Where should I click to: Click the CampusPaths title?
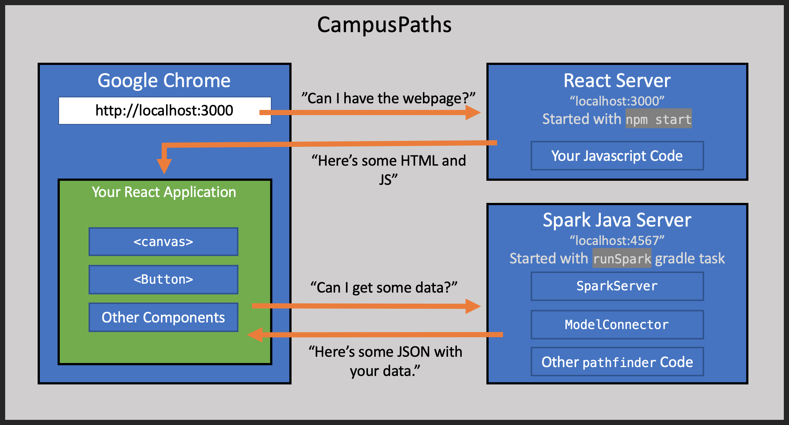point(384,25)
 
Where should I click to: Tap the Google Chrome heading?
point(164,80)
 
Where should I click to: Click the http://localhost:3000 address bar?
point(165,111)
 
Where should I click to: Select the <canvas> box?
point(163,242)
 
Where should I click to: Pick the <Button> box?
point(163,280)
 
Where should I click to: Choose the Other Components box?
point(163,318)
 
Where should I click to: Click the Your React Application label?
point(164,192)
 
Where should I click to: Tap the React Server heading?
point(617,80)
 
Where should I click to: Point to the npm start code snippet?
point(658,119)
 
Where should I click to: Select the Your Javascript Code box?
point(617,156)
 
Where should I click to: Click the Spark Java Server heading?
point(617,220)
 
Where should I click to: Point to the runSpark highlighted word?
point(622,259)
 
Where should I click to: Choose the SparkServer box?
point(617,286)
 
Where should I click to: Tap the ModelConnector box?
point(617,325)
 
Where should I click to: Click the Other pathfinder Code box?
point(617,362)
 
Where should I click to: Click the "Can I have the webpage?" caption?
point(388,99)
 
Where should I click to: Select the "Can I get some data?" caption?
point(384,288)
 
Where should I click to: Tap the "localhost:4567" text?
point(617,241)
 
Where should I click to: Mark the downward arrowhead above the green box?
point(164,166)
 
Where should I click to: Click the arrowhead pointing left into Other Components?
point(255,335)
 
